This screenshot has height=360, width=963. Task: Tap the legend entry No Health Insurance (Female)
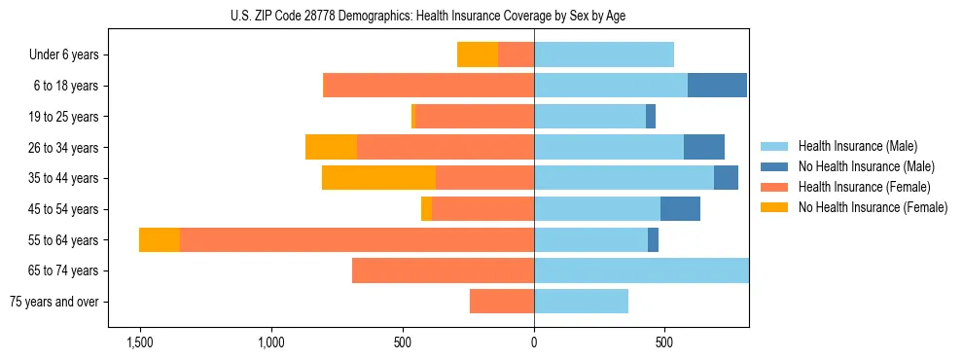click(873, 207)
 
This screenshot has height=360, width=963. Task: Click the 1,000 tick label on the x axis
click(271, 343)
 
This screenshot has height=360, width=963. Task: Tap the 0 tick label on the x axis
click(534, 343)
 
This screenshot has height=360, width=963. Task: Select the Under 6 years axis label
click(69, 55)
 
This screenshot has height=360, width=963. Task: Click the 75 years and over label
click(53, 302)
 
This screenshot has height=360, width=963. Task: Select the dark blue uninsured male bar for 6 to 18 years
click(717, 86)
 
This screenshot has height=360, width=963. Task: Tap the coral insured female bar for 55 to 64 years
click(356, 240)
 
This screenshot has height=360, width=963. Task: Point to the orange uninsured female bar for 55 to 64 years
click(160, 240)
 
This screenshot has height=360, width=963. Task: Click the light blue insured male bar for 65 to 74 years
click(641, 270)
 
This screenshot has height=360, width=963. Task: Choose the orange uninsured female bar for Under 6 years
click(478, 55)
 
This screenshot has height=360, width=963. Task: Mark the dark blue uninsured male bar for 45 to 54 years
click(680, 209)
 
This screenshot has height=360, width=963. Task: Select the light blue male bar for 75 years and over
click(581, 302)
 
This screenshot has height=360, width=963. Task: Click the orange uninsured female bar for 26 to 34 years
click(331, 147)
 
